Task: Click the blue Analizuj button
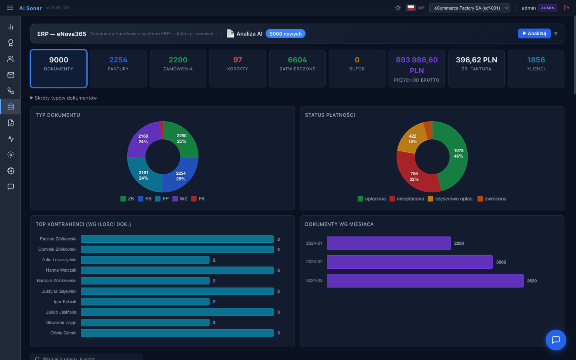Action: (534, 34)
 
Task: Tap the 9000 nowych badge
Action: (285, 34)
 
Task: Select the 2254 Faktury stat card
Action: (118, 68)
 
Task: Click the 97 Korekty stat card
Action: (238, 68)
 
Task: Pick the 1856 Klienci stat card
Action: (536, 68)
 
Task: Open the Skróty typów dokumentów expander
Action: (64, 98)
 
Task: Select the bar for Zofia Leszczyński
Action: (145, 260)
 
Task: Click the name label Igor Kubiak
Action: (65, 302)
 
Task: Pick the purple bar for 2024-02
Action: (410, 262)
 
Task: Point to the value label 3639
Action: (532, 281)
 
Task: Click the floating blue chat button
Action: (556, 340)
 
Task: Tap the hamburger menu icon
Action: (10, 8)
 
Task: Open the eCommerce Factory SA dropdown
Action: (469, 8)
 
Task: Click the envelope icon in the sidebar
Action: (11, 75)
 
